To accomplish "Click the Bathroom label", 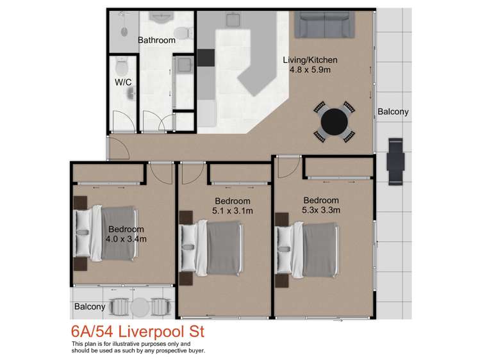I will pyautogui.click(x=157, y=40).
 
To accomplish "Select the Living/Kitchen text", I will pyautogui.click(x=310, y=60).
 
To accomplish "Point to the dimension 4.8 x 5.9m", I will pyautogui.click(x=310, y=70).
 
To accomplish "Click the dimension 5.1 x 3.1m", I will pyautogui.click(x=233, y=210).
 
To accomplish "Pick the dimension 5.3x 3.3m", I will pyautogui.click(x=321, y=210).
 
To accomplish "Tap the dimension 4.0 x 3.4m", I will pyautogui.click(x=126, y=239).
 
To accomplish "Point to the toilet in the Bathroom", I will pyautogui.click(x=183, y=33).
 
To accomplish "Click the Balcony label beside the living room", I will pyautogui.click(x=393, y=112).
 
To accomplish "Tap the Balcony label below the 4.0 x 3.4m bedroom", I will pyautogui.click(x=90, y=307).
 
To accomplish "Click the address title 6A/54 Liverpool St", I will pyautogui.click(x=138, y=333).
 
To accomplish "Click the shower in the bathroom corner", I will pyautogui.click(x=120, y=31).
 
